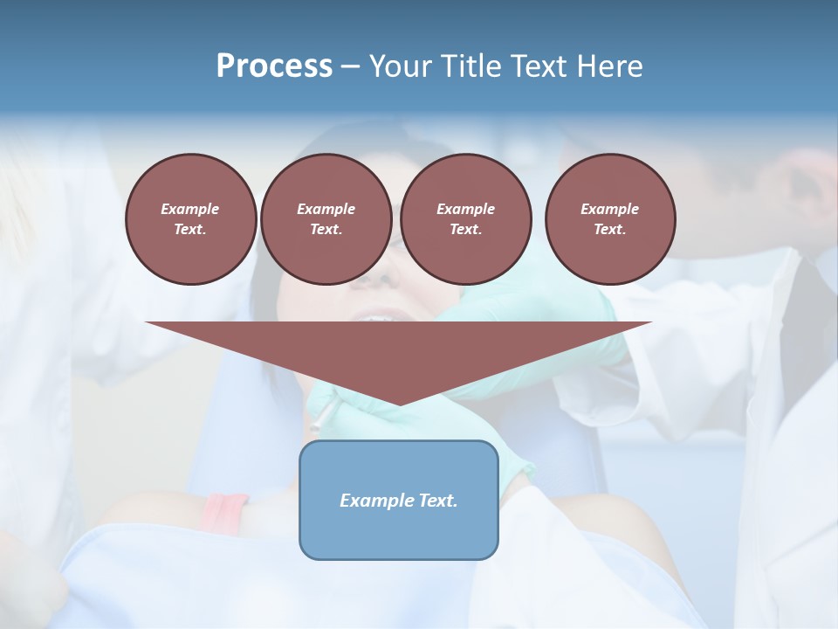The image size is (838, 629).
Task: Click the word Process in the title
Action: (x=274, y=66)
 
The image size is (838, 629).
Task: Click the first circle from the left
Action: (x=190, y=218)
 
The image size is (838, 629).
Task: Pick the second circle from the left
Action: (x=326, y=218)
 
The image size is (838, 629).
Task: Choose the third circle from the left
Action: (x=465, y=218)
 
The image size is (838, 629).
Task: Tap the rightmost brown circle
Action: (x=610, y=218)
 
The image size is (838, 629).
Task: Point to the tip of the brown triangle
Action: (x=399, y=404)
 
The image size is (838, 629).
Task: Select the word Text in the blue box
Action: (x=438, y=501)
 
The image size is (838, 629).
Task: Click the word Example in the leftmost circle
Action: (x=190, y=209)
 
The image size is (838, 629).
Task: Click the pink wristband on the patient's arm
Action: (x=224, y=511)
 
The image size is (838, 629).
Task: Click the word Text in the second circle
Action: (x=325, y=229)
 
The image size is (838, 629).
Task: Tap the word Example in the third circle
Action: (x=465, y=209)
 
